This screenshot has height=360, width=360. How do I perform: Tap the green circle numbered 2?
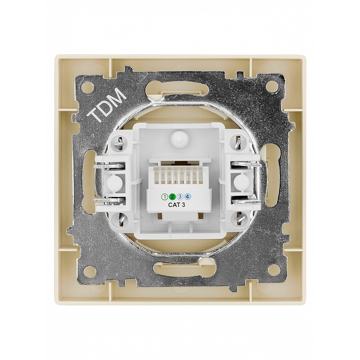[172, 197]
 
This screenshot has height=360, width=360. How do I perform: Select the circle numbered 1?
[165, 197]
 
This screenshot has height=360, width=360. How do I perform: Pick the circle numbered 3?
[180, 197]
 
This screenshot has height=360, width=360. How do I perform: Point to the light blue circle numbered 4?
[188, 197]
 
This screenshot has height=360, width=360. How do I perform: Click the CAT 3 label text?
[176, 205]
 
